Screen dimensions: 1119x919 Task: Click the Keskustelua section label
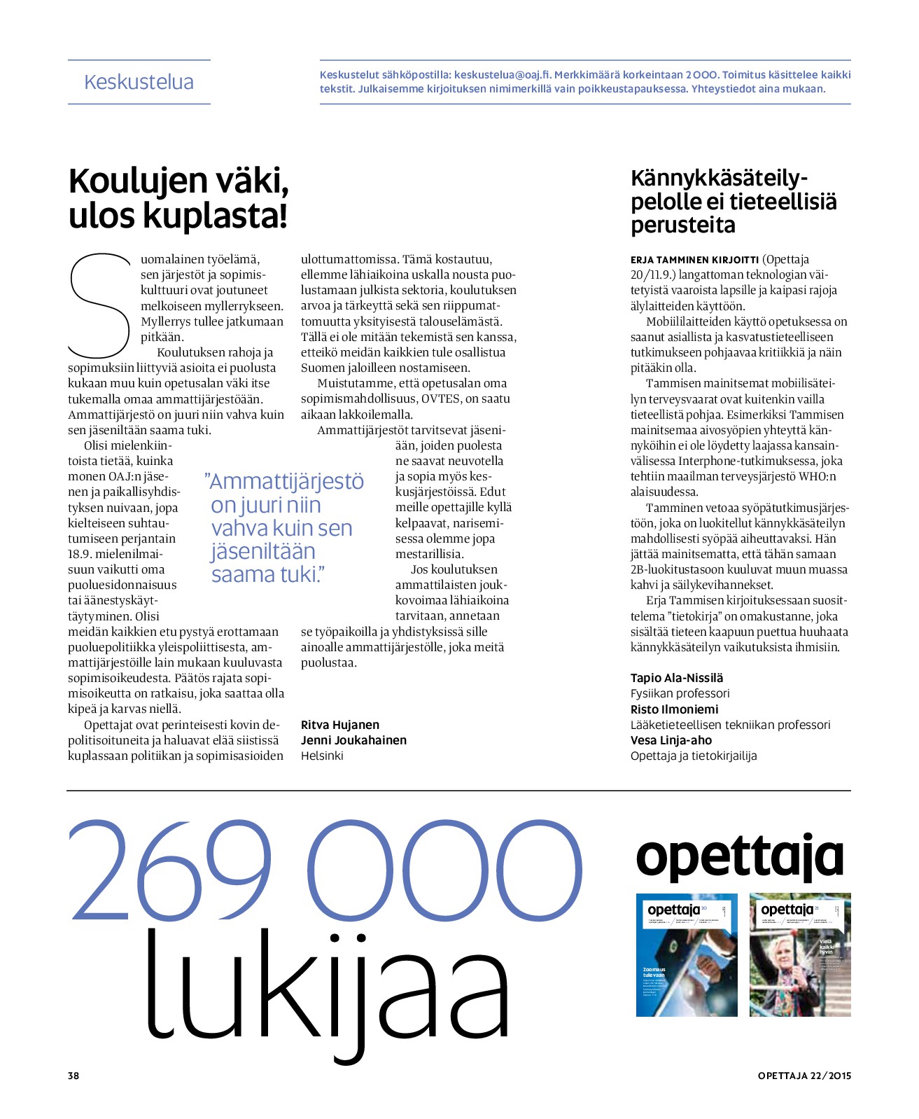coord(139,82)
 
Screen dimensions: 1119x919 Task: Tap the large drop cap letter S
coord(99,306)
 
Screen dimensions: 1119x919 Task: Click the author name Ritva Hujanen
coord(340,725)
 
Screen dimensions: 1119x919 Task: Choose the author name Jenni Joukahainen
coord(353,740)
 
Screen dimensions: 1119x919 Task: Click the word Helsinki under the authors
coord(322,756)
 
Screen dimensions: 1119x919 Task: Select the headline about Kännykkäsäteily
coord(734,202)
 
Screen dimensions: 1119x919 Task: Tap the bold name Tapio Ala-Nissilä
coord(677,678)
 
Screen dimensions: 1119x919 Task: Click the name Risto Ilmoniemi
coord(674,709)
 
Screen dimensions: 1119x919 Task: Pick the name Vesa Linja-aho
coord(671,740)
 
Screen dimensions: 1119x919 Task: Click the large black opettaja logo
coord(739,858)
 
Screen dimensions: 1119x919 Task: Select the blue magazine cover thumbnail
coord(687,954)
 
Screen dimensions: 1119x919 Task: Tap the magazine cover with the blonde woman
coord(800,954)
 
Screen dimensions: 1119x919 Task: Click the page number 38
coord(73,1076)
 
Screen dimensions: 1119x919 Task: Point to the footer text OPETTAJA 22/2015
coord(804,1076)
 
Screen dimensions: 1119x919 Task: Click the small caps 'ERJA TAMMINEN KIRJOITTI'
coord(694,260)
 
